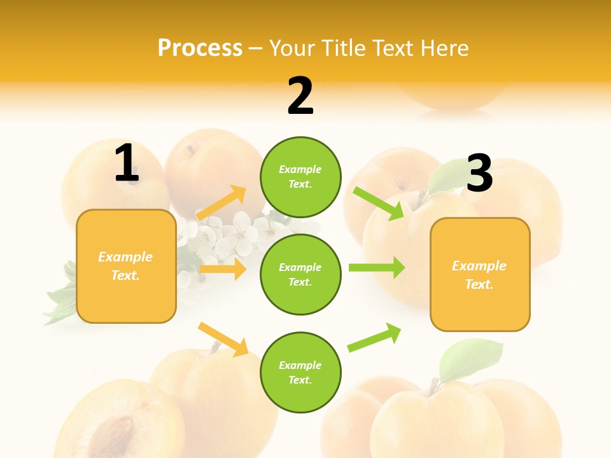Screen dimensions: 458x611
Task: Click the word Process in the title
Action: click(x=200, y=48)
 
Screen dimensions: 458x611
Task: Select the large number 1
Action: click(x=126, y=163)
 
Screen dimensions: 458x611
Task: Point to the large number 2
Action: click(x=300, y=96)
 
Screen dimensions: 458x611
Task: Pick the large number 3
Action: click(x=479, y=173)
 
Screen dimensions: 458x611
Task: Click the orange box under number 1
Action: click(x=126, y=266)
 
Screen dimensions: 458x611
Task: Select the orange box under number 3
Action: click(x=480, y=275)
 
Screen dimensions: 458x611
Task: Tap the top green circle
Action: click(x=300, y=177)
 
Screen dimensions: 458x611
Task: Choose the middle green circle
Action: click(x=300, y=274)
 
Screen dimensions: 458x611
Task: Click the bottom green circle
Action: click(x=300, y=372)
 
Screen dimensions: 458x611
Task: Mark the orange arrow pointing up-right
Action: click(x=221, y=204)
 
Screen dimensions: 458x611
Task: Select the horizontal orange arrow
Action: click(x=223, y=269)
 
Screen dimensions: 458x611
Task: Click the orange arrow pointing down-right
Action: click(x=223, y=339)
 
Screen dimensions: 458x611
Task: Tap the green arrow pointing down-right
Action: click(x=379, y=204)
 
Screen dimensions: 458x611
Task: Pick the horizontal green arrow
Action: click(x=377, y=267)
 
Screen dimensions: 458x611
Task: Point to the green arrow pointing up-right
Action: click(x=374, y=338)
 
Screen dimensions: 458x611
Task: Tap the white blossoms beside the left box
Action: click(x=229, y=232)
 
